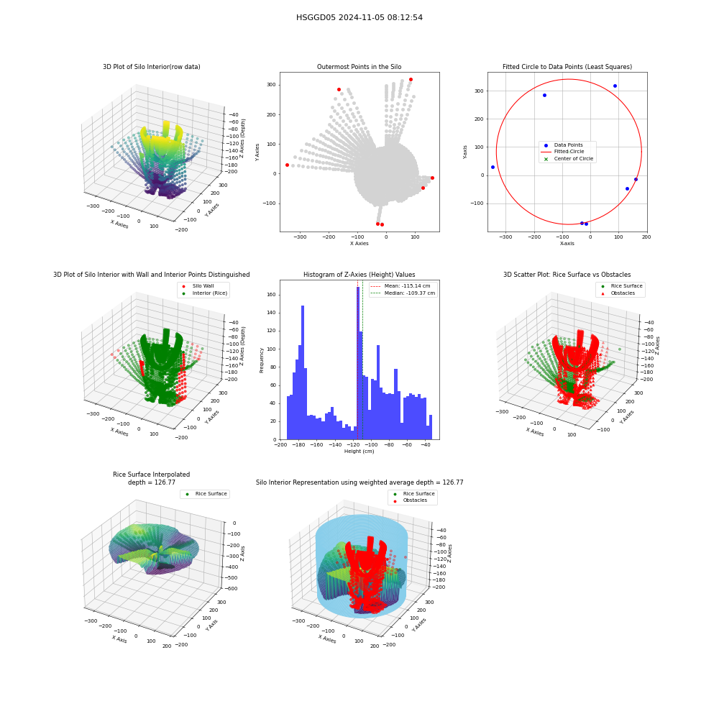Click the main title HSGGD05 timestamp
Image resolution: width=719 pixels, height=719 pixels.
coord(359,17)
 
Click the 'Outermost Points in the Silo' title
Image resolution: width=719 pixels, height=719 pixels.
coord(359,67)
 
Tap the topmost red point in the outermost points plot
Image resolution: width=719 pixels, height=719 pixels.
coord(411,79)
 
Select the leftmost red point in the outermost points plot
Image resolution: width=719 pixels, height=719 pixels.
coord(287,165)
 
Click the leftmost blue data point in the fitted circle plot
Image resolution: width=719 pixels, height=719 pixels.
coord(493,167)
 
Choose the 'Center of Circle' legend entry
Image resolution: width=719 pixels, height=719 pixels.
coord(568,159)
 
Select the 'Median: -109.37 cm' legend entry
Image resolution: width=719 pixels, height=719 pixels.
coord(403,293)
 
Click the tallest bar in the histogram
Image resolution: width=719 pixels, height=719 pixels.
coord(358,363)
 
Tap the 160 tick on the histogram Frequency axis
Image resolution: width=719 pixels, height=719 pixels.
coord(271,295)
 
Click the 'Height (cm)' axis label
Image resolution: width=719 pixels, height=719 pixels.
coord(359,452)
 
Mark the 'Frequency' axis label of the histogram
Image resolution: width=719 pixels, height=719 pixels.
coord(262,360)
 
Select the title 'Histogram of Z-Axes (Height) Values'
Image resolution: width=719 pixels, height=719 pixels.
coord(359,275)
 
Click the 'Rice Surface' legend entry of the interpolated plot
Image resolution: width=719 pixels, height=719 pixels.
coord(206,494)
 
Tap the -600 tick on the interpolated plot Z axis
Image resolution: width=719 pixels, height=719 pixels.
coord(231,588)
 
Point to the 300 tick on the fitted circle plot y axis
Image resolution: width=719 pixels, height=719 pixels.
coord(479,91)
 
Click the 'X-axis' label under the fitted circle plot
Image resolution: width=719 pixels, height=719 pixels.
coord(567,244)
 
